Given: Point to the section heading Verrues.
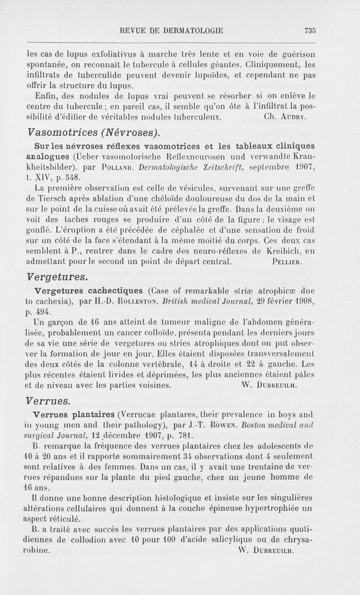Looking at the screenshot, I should pos(49,400).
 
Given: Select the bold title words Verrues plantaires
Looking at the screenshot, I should pos(74,413).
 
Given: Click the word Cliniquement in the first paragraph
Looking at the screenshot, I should pos(290,63).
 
